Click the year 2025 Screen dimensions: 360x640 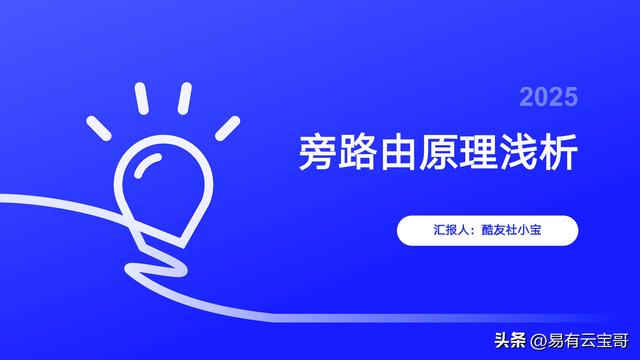click(548, 97)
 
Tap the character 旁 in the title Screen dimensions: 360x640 click(319, 152)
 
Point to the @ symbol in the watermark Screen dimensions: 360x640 click(513, 340)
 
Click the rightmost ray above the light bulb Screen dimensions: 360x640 click(228, 127)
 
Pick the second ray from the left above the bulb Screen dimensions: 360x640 click(142, 98)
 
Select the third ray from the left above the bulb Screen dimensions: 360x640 click(184, 97)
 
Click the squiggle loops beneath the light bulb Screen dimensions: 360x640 click(160, 262)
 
